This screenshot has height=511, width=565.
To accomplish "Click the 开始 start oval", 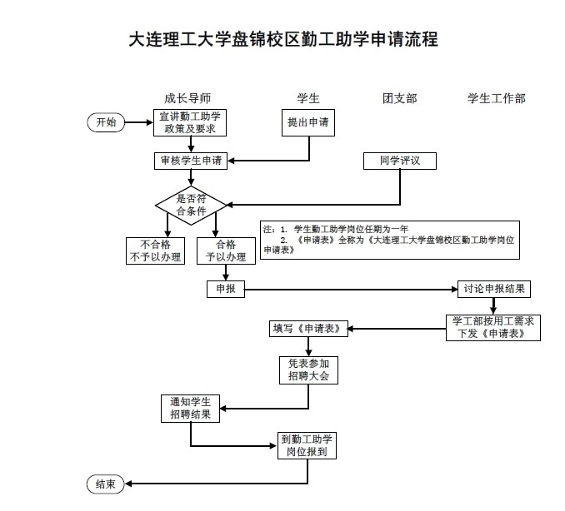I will (106, 122).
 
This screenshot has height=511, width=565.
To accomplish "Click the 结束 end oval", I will (106, 484).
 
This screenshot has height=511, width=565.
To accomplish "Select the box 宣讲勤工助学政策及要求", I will (190, 122).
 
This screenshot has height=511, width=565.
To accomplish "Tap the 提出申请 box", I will (307, 122).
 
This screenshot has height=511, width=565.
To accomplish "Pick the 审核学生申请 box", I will (190, 161).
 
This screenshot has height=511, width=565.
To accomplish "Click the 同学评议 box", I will (399, 161).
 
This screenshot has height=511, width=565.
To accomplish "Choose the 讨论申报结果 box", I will (493, 289).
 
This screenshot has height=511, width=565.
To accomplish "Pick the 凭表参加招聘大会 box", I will (308, 370).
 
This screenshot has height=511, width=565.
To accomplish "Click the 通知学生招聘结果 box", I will (190, 408).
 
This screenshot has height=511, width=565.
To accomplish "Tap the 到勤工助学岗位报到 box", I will (307, 445).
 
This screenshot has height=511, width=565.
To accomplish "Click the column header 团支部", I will (399, 98).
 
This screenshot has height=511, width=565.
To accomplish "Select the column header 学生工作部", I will (496, 98).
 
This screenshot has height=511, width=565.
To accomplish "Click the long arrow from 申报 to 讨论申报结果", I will (350, 289).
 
